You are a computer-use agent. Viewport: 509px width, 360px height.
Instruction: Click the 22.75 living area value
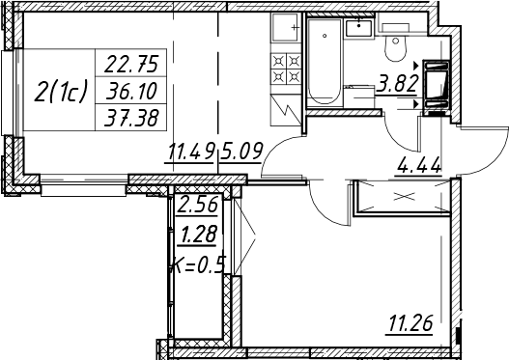(x=131, y=64)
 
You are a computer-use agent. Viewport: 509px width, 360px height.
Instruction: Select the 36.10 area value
(x=131, y=91)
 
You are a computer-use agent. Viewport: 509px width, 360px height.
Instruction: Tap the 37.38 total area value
(x=131, y=118)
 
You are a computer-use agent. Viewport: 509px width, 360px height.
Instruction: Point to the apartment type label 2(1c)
(x=61, y=91)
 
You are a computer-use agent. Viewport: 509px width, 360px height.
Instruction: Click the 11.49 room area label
(x=191, y=152)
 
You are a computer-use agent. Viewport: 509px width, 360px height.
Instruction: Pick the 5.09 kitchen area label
(x=241, y=152)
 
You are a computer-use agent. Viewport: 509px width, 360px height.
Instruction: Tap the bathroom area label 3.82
(x=397, y=83)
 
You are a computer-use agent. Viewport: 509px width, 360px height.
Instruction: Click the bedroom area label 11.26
(x=410, y=322)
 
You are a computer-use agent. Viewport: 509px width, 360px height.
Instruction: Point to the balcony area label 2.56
(x=197, y=205)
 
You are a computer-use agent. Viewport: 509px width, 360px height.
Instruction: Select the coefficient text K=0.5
(x=199, y=264)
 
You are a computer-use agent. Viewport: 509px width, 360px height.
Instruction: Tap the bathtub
(x=325, y=61)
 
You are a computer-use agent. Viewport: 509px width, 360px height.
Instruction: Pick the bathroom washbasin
(x=359, y=28)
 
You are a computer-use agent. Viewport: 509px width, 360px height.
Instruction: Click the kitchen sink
(x=285, y=27)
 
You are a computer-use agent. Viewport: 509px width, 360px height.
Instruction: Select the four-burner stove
(x=286, y=69)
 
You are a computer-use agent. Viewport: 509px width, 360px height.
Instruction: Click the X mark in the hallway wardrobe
(x=404, y=196)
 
